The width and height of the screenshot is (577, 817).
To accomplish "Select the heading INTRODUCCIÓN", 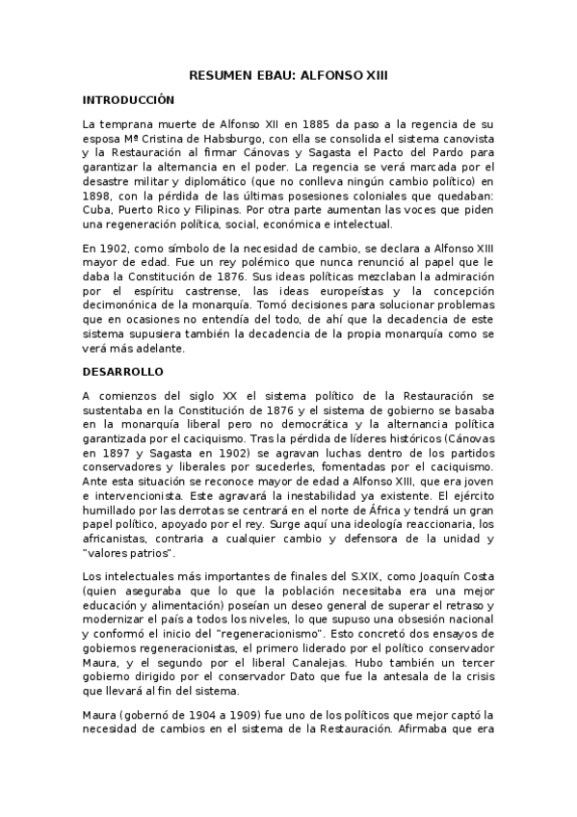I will coord(128,99).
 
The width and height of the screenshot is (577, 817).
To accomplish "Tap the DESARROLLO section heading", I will coord(124,371).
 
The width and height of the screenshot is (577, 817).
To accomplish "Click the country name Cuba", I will coord(97,211).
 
